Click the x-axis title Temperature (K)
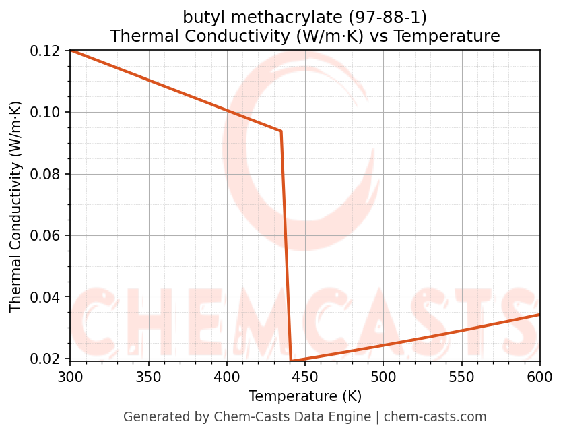pyautogui.click(x=305, y=396)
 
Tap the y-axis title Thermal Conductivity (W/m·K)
pyautogui.click(x=16, y=206)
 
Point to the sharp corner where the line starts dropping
pyautogui.click(x=281, y=131)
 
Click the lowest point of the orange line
pyautogui.click(x=291, y=361)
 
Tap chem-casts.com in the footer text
pyautogui.click(x=435, y=417)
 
